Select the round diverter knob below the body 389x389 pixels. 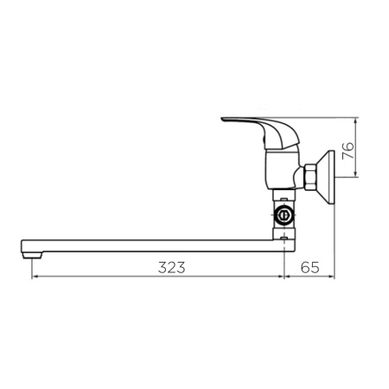point(284,214)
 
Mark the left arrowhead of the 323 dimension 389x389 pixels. point(34,277)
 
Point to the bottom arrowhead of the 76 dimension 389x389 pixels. point(355,176)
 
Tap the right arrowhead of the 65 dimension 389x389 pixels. point(332,277)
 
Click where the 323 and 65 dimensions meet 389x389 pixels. point(286,277)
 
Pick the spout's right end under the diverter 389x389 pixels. point(284,243)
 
